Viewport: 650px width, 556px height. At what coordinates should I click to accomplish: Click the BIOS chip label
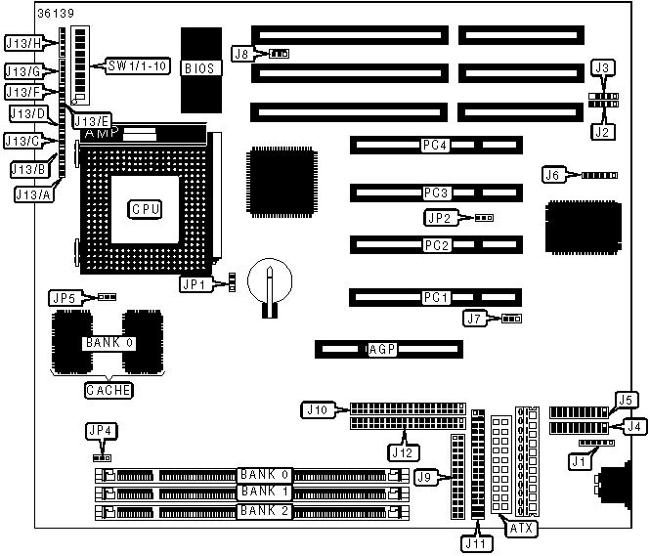(198, 69)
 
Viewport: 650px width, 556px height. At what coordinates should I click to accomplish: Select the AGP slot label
(380, 349)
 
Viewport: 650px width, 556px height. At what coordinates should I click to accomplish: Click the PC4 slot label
(434, 146)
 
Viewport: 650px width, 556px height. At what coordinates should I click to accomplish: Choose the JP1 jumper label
(192, 284)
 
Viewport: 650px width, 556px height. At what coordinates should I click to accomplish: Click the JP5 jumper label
(64, 295)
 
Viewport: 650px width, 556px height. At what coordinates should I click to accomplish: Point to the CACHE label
(108, 389)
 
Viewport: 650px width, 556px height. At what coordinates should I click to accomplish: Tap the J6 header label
(554, 175)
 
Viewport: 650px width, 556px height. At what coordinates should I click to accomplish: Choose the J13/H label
(23, 43)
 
